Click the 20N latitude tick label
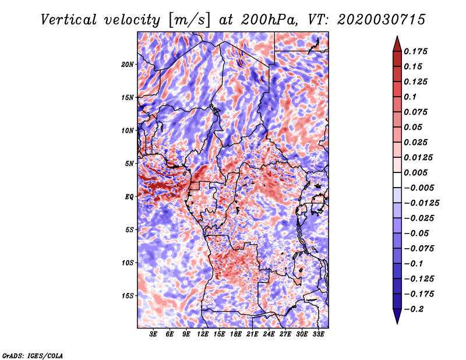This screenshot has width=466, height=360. point(128,64)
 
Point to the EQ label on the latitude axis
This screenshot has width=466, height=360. point(129,197)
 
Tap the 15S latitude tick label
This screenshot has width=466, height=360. point(128,296)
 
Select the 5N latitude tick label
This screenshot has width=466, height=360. point(130,164)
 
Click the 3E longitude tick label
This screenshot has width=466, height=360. point(154,334)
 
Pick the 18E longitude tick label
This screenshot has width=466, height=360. point(236,334)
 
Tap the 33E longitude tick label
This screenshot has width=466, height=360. point(318,334)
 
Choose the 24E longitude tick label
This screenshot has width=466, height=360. point(269,334)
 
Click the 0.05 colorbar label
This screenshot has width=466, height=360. point(414,127)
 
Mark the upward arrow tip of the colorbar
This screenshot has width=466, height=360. point(397,37)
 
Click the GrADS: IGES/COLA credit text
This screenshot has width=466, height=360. point(33,355)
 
